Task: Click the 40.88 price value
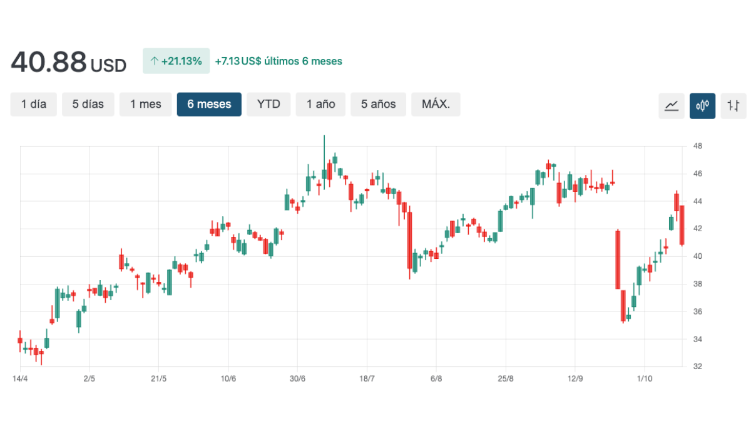48,62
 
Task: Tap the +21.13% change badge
176,61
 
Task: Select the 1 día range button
34,104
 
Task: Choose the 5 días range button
88,104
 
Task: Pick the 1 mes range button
146,104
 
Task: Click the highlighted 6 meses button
209,104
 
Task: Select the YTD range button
268,104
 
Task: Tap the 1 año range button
321,104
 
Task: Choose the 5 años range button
379,104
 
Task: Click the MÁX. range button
436,104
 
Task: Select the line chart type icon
672,106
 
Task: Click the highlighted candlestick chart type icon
702,106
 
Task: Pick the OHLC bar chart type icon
733,106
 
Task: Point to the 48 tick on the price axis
698,146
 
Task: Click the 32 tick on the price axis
698,367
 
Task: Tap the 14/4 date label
20,379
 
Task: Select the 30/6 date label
297,379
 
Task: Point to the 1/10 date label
645,379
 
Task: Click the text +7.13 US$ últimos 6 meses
278,61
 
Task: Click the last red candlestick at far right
682,225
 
